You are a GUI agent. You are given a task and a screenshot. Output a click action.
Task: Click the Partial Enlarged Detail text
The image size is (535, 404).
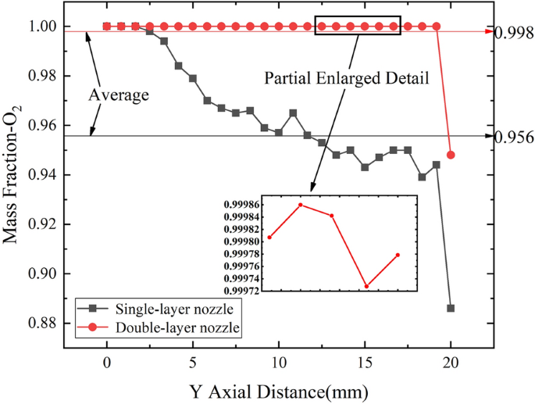347,79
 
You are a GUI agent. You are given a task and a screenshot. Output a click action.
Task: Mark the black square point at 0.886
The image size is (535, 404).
451,308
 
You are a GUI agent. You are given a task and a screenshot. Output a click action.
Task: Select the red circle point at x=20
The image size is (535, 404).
451,155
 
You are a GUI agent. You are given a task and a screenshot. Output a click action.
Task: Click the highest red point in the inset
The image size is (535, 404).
301,205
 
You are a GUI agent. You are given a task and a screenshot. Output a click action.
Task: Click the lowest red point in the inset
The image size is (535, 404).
366,287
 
